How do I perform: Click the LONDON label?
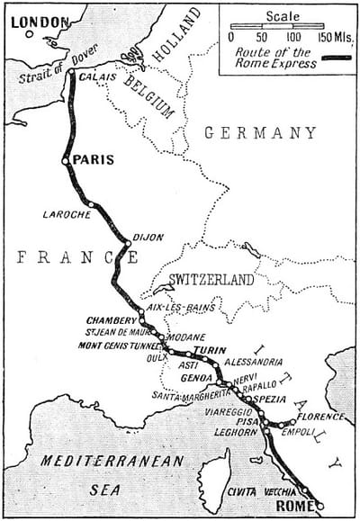(x=39, y=21)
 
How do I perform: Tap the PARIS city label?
(x=94, y=160)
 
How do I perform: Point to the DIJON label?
(x=148, y=238)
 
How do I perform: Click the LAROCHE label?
(x=67, y=214)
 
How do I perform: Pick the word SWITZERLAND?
(x=211, y=280)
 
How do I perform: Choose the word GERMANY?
(x=261, y=132)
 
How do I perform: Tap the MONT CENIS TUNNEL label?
(x=117, y=345)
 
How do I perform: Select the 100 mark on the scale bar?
(x=293, y=38)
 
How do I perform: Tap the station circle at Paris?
(x=65, y=162)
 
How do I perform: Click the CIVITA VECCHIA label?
(x=262, y=490)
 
